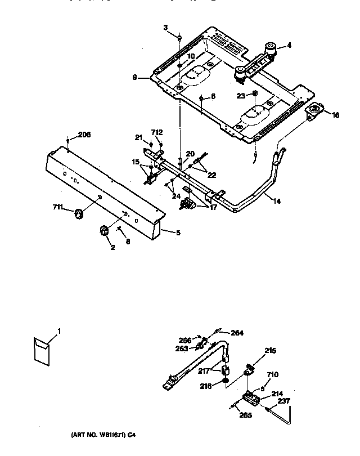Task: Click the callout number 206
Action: click(84, 135)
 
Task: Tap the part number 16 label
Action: click(335, 115)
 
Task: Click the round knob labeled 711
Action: click(79, 212)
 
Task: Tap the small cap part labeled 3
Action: click(179, 38)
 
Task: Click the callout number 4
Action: click(289, 45)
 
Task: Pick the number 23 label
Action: click(240, 96)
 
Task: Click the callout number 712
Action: click(157, 132)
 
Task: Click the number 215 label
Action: click(270, 350)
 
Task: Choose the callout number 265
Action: click(245, 416)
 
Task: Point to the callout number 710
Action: click(272, 374)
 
